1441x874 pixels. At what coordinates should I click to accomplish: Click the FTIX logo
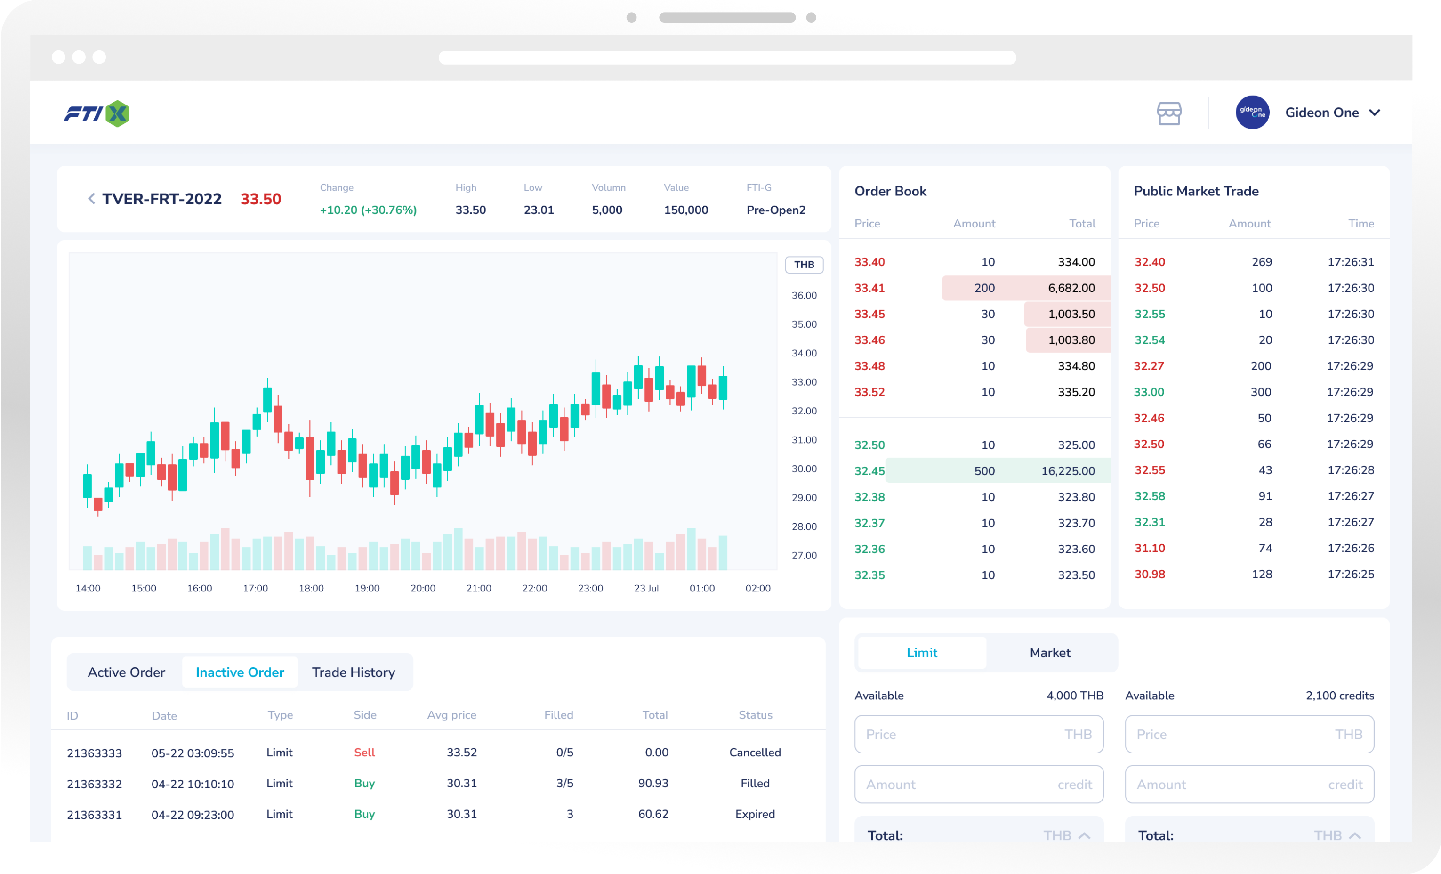[x=97, y=113]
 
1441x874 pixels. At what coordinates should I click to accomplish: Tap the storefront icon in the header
[x=1168, y=113]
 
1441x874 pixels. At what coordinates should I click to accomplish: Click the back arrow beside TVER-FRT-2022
[x=91, y=199]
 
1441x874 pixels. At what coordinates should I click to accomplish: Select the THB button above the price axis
[x=804, y=265]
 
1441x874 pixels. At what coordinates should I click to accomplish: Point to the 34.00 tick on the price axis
[x=804, y=353]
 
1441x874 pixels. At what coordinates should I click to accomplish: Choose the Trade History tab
[x=353, y=672]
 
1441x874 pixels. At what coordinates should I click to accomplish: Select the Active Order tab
[x=126, y=672]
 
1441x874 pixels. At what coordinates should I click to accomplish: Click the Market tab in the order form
[x=1049, y=653]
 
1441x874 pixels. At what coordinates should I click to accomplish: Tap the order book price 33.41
[x=869, y=288]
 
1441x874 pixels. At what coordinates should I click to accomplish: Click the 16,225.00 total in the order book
[x=1067, y=471]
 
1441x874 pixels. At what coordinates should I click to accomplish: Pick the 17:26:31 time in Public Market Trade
[x=1350, y=262]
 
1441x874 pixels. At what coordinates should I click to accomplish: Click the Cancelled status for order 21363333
[x=755, y=753]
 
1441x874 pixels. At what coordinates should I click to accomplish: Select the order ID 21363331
[x=94, y=814]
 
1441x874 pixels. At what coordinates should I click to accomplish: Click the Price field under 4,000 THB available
[x=978, y=734]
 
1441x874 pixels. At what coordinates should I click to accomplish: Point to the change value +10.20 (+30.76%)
[x=368, y=210]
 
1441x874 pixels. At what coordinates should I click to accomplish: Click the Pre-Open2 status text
[x=775, y=210]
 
